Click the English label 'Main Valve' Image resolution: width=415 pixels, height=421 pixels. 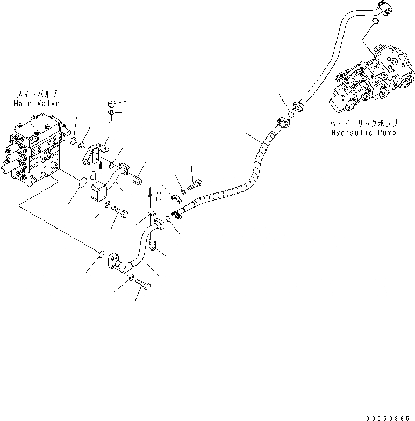pyautogui.click(x=37, y=103)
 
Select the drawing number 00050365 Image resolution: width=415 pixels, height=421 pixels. pyautogui.click(x=390, y=417)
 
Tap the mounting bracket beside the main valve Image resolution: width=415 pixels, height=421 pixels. pyautogui.click(x=95, y=152)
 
